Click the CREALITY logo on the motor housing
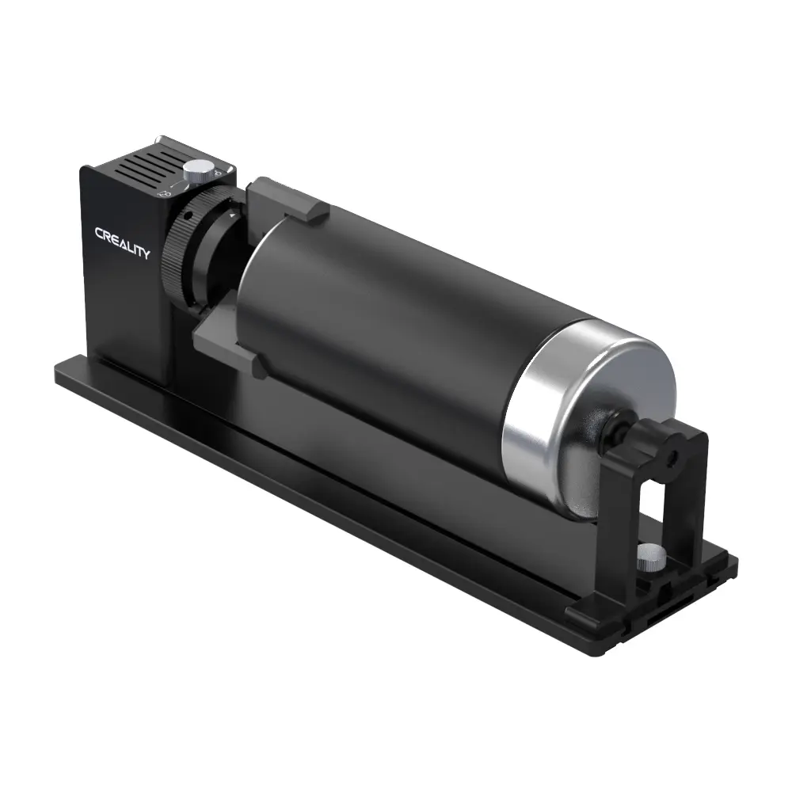[122, 242]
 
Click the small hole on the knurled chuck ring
[186, 215]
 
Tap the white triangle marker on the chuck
[230, 215]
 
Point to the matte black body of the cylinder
[380, 317]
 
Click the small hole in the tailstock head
[672, 457]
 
